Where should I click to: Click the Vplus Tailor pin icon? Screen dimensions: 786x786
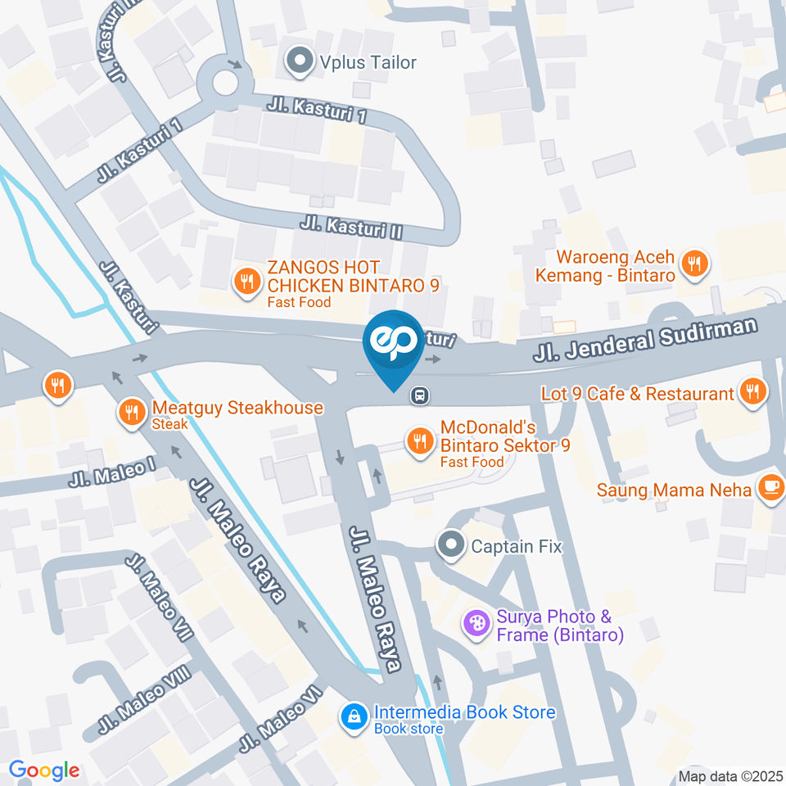(x=300, y=61)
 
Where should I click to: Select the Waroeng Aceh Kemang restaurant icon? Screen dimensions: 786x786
(x=694, y=264)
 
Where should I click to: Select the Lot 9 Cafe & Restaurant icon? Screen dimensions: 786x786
(x=750, y=392)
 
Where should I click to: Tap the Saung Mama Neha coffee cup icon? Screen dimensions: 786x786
(x=770, y=487)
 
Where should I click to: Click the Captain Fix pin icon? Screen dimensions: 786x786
(x=450, y=544)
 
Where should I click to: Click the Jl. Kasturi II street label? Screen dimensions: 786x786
(x=352, y=227)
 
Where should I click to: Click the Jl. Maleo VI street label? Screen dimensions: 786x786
(x=280, y=719)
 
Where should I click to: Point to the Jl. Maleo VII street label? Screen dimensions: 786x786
(x=160, y=598)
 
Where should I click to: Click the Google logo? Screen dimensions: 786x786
(x=44, y=770)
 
